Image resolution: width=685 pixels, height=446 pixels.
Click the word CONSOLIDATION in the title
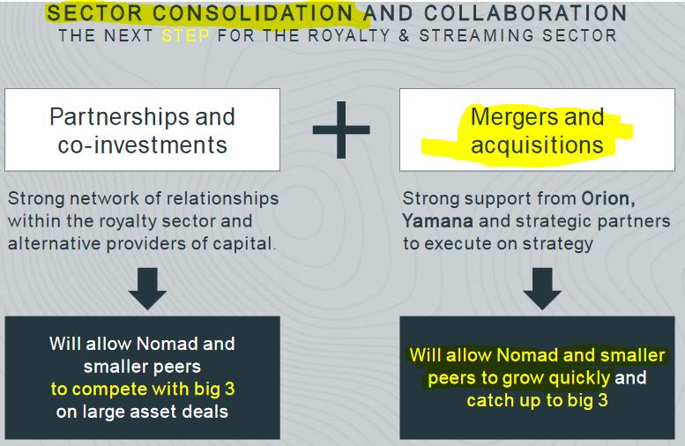(252, 12)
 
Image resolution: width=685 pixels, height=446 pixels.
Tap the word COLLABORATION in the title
(525, 12)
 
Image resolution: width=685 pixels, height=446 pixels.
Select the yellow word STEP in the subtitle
(185, 35)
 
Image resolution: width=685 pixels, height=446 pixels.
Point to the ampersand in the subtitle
(404, 35)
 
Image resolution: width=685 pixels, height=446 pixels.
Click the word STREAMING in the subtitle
(477, 35)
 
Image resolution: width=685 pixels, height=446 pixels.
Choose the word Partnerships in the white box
(119, 117)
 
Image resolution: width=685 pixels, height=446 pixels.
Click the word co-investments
(143, 145)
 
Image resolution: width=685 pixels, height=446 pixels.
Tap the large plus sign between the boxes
(341, 130)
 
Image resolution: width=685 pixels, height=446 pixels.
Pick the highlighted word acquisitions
(538, 145)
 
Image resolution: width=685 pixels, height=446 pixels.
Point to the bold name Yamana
(438, 221)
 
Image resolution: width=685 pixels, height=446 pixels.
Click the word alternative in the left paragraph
(55, 243)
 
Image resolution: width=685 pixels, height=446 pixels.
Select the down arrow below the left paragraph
(147, 289)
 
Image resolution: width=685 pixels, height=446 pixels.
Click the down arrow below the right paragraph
(542, 289)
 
